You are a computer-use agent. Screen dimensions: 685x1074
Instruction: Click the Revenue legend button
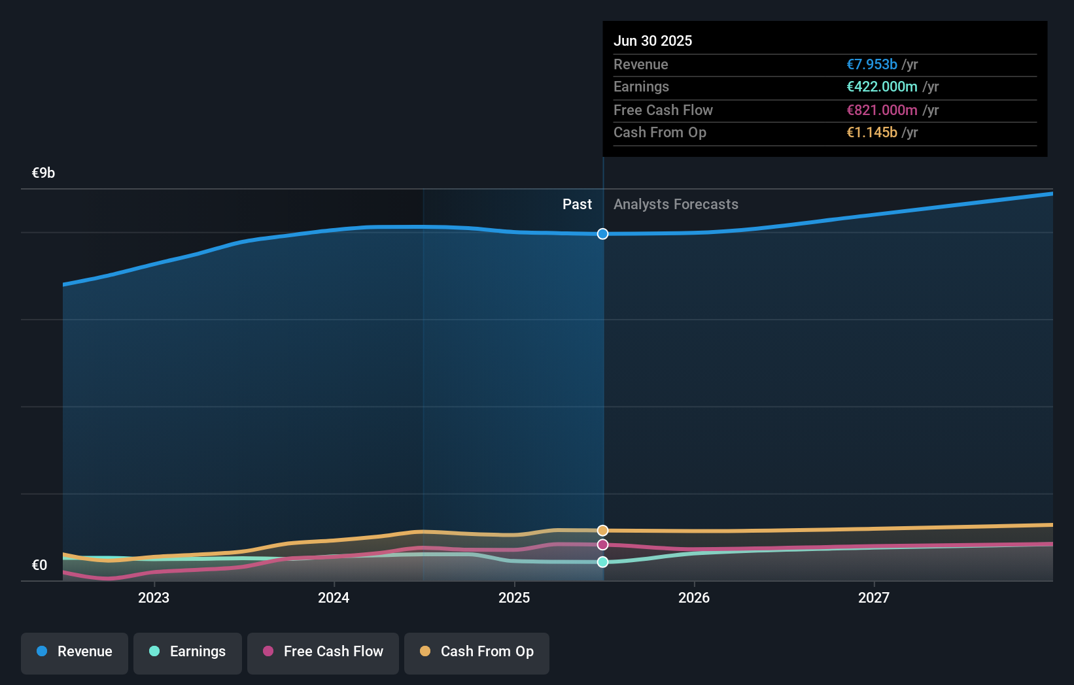click(75, 652)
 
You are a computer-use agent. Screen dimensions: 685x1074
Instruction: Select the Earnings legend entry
click(188, 652)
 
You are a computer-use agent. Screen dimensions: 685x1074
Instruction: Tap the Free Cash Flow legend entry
click(323, 652)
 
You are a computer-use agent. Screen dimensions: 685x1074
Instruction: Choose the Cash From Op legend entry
click(477, 652)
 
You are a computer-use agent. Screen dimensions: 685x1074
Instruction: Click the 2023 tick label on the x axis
click(154, 597)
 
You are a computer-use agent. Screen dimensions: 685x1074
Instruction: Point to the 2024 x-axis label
click(334, 597)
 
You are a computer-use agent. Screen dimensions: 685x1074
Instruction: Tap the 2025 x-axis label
click(514, 597)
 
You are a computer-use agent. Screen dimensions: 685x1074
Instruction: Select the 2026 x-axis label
click(694, 597)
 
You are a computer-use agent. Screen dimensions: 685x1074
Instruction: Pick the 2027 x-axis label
click(874, 597)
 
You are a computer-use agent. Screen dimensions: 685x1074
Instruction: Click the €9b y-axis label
click(44, 173)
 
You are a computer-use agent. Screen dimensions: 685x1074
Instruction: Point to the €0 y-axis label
click(40, 565)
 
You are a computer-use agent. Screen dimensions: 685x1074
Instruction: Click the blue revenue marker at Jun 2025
click(603, 234)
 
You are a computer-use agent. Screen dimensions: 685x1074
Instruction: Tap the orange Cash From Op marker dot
click(603, 530)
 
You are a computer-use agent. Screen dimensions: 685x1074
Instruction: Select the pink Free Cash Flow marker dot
click(603, 544)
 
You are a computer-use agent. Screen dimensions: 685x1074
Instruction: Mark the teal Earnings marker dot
click(603, 562)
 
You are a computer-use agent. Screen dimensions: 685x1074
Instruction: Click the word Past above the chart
click(577, 205)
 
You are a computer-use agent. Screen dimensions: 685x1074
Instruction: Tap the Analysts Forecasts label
click(676, 205)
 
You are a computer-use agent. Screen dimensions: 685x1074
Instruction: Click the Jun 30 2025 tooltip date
click(653, 41)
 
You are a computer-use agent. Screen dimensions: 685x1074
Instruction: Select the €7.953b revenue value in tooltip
click(872, 64)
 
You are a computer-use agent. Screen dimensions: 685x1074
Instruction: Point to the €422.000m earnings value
click(882, 86)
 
